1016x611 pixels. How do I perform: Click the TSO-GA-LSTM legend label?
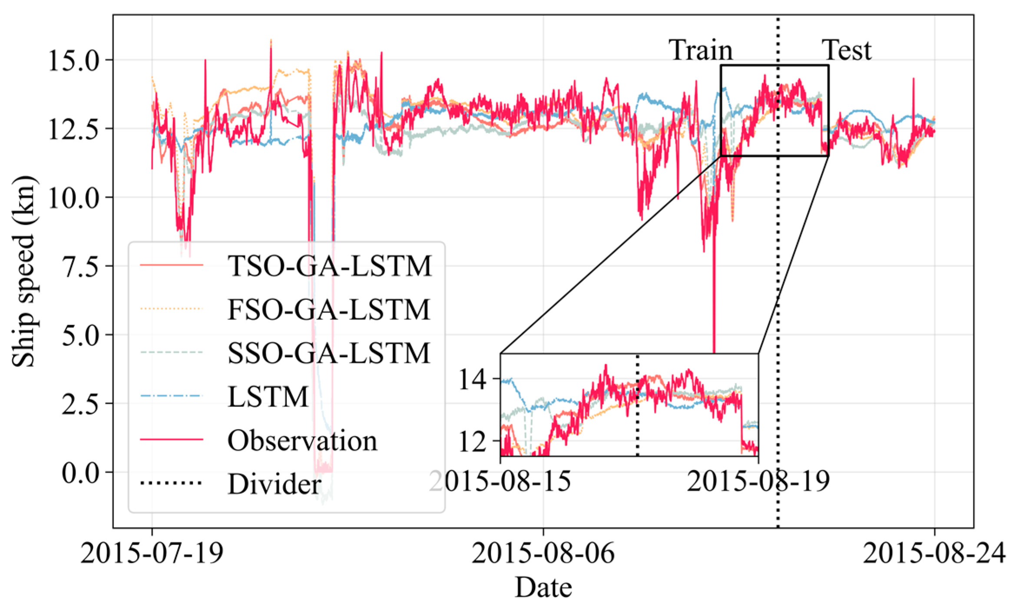[330, 266]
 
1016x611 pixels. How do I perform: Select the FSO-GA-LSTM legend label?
[329, 309]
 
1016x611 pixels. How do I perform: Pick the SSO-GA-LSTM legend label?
[329, 353]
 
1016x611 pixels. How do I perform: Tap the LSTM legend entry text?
[268, 396]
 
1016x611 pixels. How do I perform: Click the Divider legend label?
[275, 484]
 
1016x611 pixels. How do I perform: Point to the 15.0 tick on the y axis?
[74, 60]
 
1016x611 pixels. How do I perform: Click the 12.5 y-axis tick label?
[74, 129]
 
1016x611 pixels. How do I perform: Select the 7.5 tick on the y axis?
[80, 266]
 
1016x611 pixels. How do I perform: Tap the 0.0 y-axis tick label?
[80, 472]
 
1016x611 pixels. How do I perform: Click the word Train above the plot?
[700, 50]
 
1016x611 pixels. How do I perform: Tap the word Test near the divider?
[847, 50]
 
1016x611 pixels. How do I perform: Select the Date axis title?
[543, 588]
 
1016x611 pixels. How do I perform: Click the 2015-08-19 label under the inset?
[758, 481]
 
